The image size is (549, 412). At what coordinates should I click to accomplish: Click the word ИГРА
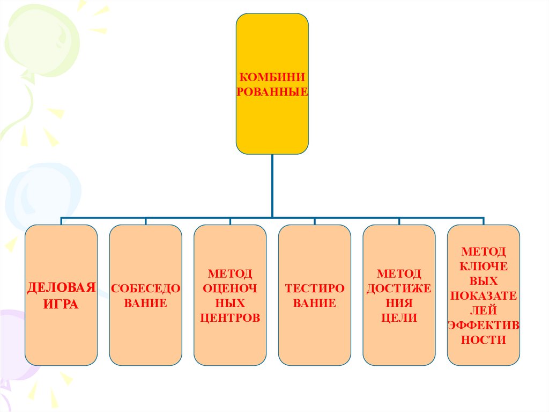(61, 305)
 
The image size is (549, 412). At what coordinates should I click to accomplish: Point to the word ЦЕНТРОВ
(230, 317)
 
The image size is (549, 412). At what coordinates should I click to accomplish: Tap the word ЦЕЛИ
(399, 317)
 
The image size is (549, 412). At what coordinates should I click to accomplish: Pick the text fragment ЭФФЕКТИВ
(483, 325)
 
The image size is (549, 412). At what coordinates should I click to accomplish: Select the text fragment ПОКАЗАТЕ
(483, 295)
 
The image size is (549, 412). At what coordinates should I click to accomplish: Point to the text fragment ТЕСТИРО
(314, 288)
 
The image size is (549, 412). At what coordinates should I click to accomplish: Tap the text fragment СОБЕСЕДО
(145, 288)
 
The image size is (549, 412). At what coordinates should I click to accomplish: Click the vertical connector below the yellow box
(272, 185)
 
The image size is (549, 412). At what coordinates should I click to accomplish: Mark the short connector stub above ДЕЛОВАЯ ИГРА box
(61, 221)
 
